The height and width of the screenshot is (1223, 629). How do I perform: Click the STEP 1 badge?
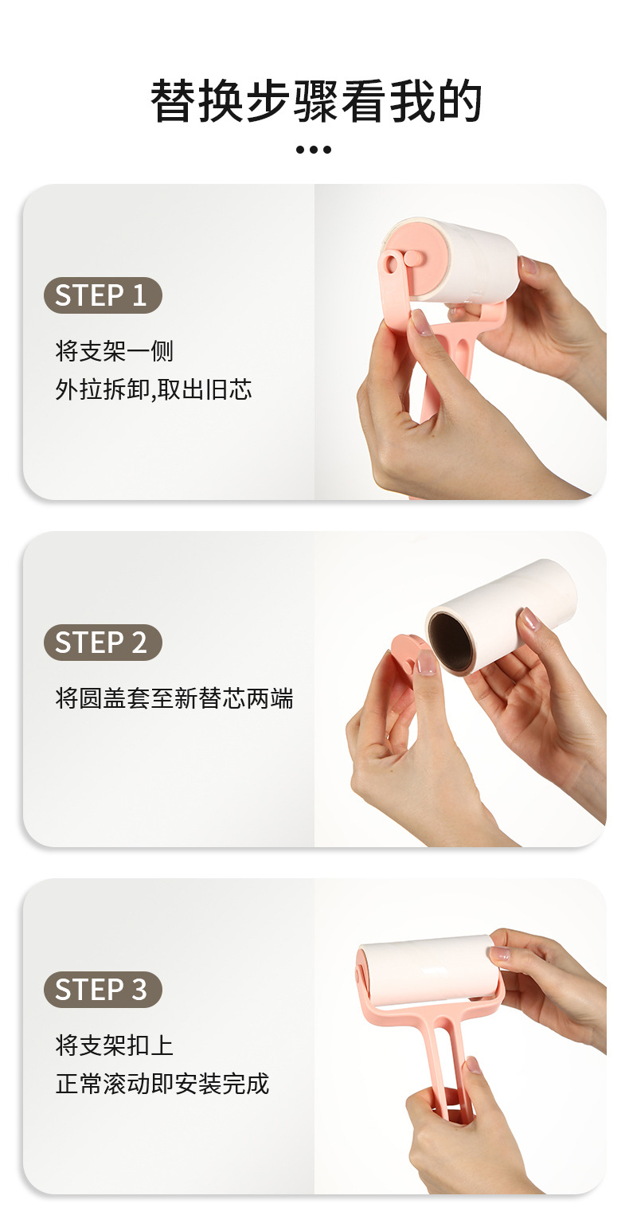[x=103, y=295]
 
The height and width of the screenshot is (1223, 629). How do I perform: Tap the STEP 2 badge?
[x=103, y=643]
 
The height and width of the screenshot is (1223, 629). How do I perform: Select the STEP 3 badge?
[x=103, y=990]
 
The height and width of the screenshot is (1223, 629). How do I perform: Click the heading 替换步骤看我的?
[x=315, y=101]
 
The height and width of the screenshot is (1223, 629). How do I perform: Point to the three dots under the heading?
[x=314, y=150]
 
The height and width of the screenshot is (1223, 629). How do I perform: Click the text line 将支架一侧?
[x=114, y=351]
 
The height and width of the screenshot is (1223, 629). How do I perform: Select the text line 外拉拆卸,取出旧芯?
[x=153, y=390]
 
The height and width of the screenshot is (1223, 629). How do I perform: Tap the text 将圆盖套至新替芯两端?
[x=174, y=699]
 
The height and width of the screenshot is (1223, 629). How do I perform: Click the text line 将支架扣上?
[x=114, y=1045]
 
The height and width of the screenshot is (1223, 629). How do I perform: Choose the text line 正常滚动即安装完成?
[x=162, y=1084]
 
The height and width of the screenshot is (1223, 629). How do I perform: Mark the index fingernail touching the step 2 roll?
[x=529, y=619]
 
